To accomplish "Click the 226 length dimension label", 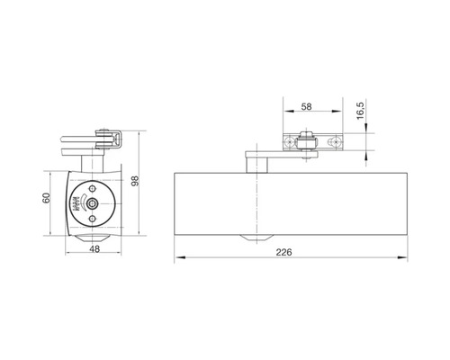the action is [x=283, y=252].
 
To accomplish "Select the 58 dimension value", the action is [x=306, y=106].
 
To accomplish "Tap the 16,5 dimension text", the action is [x=361, y=111].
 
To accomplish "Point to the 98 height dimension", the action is [x=136, y=181].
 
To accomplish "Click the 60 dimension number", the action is [x=46, y=198].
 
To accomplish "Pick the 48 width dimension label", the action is [x=94, y=248].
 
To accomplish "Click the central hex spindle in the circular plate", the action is [x=93, y=204].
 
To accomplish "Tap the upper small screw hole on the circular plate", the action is [x=93, y=189].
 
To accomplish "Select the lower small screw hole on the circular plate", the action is [x=93, y=219].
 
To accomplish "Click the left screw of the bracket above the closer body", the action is [x=290, y=141].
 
